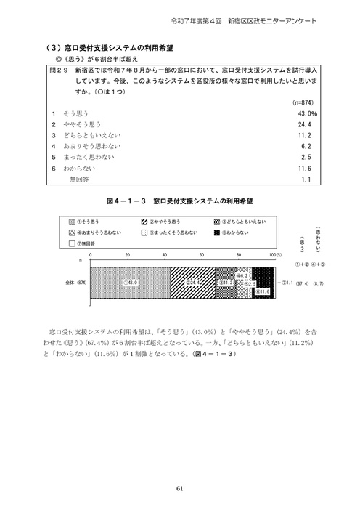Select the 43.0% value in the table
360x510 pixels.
point(308,114)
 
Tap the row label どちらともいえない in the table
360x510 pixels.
point(94,135)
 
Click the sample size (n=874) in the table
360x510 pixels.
point(305,103)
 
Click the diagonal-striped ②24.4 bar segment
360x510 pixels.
point(192,282)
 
